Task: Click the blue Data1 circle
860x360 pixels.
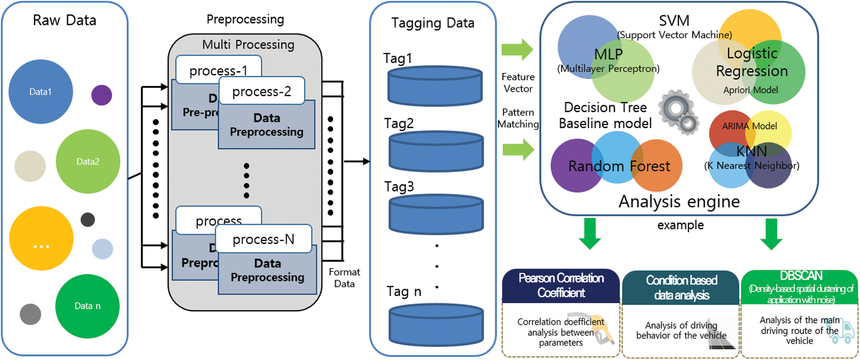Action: (x=40, y=91)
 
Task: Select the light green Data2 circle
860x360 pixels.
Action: (x=88, y=161)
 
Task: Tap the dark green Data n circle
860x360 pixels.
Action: (x=87, y=306)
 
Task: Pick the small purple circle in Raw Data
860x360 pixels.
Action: (x=102, y=95)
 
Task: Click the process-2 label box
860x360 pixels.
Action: (x=262, y=91)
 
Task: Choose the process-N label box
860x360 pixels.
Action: (x=264, y=239)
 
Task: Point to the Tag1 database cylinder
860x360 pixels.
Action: (x=435, y=86)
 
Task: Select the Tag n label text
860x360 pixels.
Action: (x=404, y=292)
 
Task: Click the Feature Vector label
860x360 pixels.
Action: (x=518, y=83)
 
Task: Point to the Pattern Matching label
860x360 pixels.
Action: (x=518, y=118)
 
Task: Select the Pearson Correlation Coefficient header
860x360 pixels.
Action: (x=561, y=285)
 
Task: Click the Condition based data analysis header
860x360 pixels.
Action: (x=681, y=287)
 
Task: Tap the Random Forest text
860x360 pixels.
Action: (x=619, y=166)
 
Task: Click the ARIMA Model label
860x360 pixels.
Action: (x=749, y=126)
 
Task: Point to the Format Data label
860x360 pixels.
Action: (x=344, y=278)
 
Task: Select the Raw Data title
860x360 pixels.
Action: (x=64, y=20)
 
